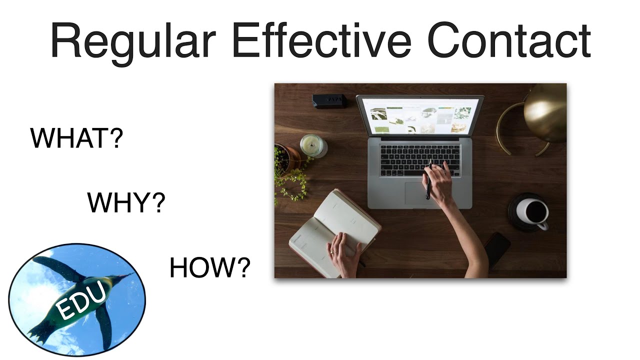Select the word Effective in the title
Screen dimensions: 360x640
(x=322, y=41)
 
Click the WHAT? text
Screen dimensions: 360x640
(x=76, y=138)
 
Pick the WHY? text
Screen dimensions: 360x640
(x=126, y=202)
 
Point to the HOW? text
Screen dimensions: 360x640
(x=209, y=268)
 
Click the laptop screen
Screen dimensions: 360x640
(x=419, y=116)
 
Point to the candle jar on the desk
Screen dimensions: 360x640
(x=313, y=145)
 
